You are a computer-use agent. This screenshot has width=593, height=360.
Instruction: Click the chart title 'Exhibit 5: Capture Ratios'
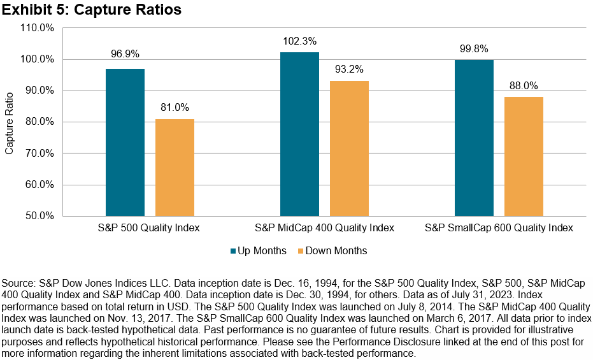(x=91, y=10)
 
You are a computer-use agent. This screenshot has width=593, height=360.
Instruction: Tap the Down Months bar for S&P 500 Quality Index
(x=174, y=167)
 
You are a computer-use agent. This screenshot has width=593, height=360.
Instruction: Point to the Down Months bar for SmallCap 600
(x=524, y=156)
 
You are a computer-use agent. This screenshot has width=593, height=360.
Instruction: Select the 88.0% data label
(x=524, y=85)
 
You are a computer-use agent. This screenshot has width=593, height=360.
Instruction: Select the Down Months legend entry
(x=331, y=250)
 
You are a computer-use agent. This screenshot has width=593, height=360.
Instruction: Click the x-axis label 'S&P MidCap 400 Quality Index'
(x=324, y=227)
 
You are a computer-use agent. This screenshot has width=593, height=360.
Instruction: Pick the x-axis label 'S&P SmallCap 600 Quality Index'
(x=499, y=227)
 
